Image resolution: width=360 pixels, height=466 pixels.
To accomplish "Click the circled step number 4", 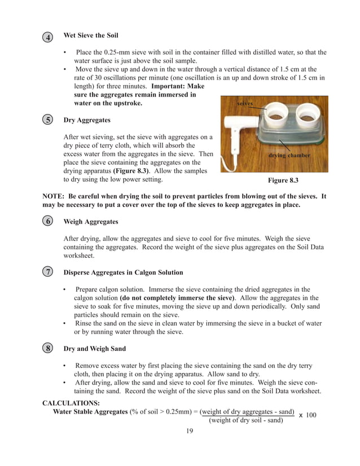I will (49, 38).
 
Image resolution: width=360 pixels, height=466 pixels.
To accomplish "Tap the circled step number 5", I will (49, 120).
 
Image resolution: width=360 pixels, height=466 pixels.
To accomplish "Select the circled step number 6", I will (49, 222).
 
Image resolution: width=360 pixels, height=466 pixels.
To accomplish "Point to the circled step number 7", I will (49, 272).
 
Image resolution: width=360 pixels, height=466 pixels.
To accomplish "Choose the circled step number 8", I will (49, 349).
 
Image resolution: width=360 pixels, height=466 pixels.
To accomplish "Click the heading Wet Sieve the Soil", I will (91, 36).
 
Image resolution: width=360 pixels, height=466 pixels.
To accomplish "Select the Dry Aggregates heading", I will (87, 120).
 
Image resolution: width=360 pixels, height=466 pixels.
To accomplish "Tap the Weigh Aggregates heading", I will (91, 222).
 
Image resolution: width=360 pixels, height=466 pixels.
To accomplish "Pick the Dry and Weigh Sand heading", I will (94, 349).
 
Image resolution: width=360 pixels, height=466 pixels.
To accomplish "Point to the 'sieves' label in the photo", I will (244, 104).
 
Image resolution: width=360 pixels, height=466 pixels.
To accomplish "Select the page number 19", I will (190, 432).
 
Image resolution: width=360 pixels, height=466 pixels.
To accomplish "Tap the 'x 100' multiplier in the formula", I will (308, 415).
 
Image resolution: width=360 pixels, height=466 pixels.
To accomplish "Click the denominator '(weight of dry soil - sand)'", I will (246, 420).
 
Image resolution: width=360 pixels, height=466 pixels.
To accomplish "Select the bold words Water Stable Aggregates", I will (90, 411).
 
